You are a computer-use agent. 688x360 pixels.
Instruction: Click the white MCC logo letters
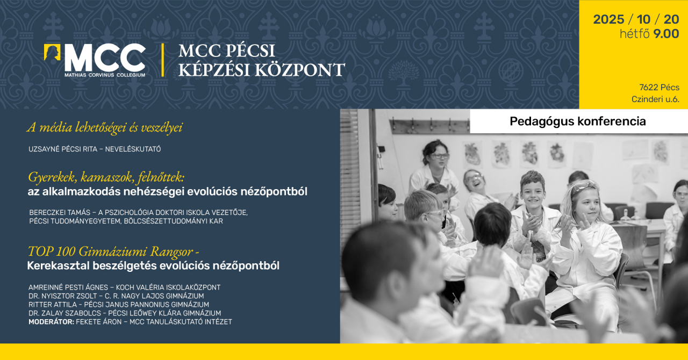105,57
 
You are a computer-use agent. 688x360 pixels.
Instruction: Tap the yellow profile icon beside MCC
52,52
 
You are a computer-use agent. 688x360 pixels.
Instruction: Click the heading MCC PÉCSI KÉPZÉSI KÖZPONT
261,60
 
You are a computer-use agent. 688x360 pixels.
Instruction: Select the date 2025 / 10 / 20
636,20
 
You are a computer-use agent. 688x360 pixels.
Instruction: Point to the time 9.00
666,34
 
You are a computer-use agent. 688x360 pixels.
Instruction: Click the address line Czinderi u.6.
655,99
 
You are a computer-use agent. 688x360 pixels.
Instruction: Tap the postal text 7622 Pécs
659,88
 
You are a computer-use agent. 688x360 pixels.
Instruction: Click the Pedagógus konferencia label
578,121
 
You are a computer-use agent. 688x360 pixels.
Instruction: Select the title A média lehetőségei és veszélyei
105,128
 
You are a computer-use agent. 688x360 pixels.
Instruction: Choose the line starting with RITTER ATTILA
118,305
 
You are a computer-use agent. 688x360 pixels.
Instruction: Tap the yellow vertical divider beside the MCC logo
162,60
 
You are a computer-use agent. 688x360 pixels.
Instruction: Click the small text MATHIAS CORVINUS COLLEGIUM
105,75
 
